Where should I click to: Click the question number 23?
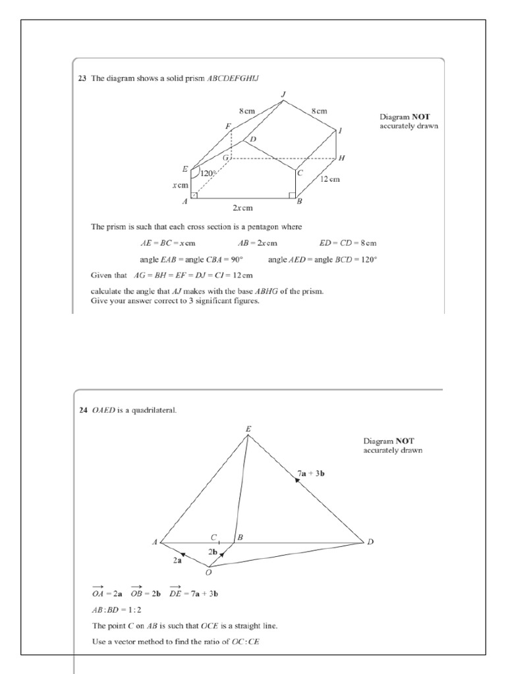[x=82, y=78]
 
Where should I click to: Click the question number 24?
[x=82, y=410]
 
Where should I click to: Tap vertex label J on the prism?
[x=283, y=94]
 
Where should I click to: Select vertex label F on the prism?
[x=227, y=126]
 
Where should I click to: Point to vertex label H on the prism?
[x=341, y=159]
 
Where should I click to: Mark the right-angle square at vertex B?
[x=292, y=195]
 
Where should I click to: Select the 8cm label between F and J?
[x=247, y=111]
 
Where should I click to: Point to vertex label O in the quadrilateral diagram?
[x=208, y=572]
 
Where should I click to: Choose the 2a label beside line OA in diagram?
[x=177, y=560]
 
